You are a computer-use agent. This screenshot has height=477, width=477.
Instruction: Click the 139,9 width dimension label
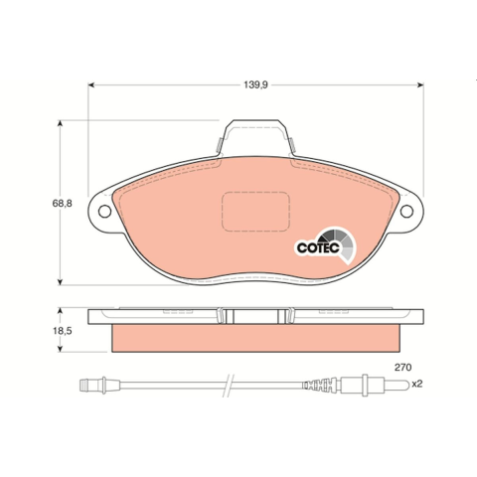255,85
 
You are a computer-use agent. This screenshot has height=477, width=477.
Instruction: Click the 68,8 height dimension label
62,204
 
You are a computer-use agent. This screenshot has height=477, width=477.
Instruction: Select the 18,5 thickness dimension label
63,331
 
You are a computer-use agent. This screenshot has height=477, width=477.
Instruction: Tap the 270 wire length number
402,368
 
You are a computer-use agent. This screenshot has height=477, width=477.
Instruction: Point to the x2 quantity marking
417,385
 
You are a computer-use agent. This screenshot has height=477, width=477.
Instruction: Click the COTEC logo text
318,247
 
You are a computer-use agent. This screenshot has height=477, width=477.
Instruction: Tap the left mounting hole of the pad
104,212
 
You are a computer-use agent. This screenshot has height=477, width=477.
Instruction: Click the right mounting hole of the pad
406,212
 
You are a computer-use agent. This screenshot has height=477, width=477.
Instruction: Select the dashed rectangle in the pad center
255,212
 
